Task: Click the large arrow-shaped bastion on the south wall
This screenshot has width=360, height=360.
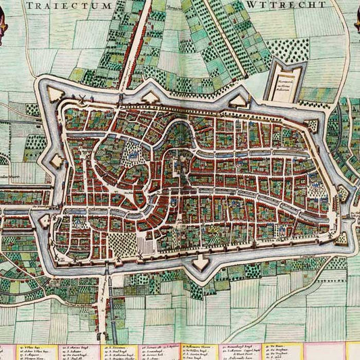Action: pos(201,261)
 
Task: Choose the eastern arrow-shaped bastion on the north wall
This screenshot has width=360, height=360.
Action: pos(237,99)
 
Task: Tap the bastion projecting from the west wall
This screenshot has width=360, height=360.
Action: pos(55,160)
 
